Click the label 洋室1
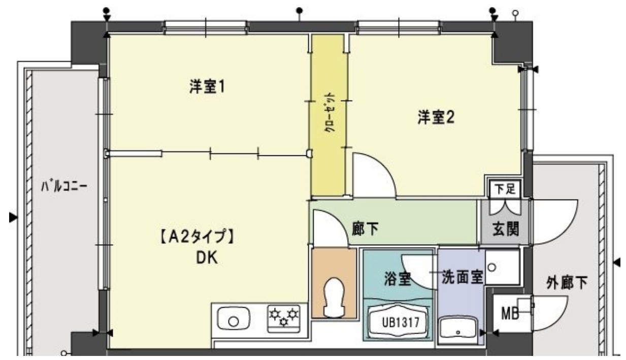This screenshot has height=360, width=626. pos(207,87)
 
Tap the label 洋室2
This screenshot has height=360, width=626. pos(436,118)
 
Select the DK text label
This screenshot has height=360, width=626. pos(207,258)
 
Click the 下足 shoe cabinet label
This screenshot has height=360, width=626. pos(505,188)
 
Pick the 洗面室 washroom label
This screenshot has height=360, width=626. pos(462,279)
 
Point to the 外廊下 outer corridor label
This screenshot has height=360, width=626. pos(567,283)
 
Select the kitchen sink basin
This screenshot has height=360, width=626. pos(234,320)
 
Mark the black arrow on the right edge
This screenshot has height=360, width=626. pos(617,263)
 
